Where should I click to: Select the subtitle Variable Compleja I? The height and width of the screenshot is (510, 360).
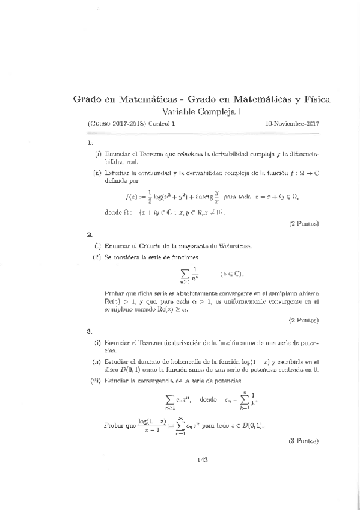pos(198,111)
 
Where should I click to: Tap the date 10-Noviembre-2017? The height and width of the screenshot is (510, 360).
pos(291,124)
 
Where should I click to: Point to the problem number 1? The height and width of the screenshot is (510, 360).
pos(90,143)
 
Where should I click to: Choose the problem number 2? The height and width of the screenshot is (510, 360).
pos(90,235)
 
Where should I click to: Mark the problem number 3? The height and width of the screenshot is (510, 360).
pos(90,331)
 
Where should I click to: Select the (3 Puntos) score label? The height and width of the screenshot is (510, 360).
pos(304,440)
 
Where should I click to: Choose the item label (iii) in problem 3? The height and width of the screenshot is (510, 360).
pos(96,381)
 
